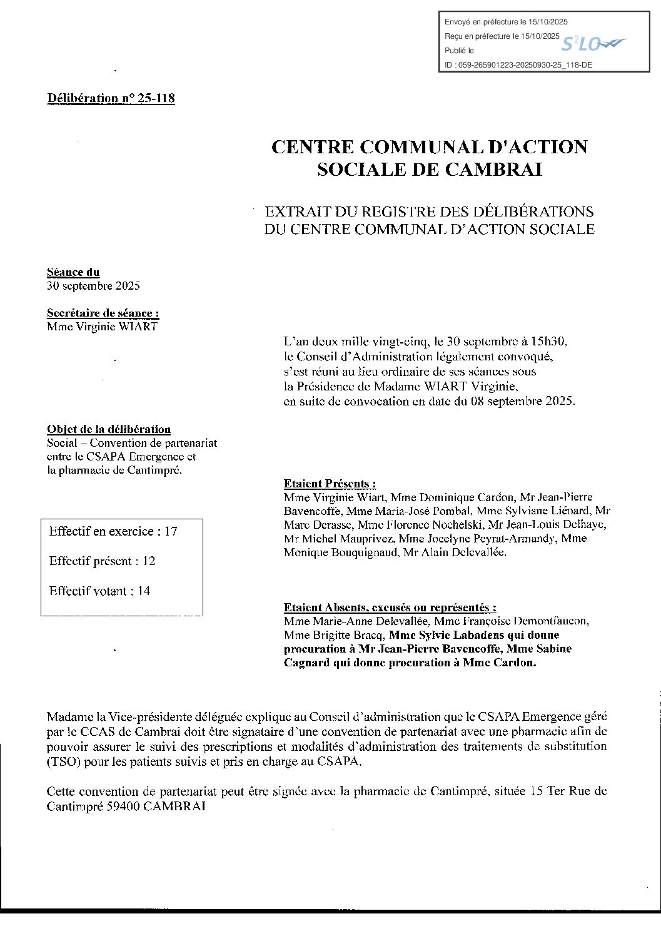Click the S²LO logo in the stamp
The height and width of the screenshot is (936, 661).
pos(592,43)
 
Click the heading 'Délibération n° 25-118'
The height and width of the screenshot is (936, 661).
pos(111,98)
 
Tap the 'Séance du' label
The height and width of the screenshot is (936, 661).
pos(73,272)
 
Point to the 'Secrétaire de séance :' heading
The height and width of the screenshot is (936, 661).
pos(103,313)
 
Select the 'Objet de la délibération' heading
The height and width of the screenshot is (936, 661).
pos(109,429)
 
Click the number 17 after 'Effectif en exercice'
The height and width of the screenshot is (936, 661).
pos(171,531)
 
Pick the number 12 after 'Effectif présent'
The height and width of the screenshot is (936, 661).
pos(149,561)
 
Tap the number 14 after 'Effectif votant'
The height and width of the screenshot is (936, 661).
pos(144,591)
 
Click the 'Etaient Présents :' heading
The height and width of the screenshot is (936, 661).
pos(330,483)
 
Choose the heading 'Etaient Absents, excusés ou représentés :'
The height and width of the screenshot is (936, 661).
pos(390,607)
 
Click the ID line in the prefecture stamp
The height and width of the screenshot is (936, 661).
pos(518,64)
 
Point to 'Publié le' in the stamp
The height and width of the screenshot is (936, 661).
pos(459,51)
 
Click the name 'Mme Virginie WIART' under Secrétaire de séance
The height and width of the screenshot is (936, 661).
pos(102,326)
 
